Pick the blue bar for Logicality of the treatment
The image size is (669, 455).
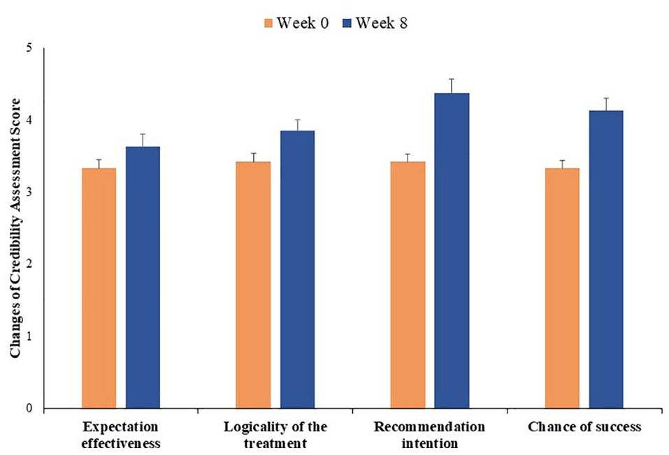pos(297,269)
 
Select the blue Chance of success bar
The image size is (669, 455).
pos(606,259)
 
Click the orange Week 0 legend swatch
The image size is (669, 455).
pos(268,23)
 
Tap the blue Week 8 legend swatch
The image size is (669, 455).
pos(346,23)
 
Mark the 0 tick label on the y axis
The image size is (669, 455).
pos(28,408)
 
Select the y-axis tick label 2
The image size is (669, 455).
pos(28,264)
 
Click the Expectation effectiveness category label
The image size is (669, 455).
pos(120,434)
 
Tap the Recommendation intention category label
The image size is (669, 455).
pos(429,434)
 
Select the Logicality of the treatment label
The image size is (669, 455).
pos(275,434)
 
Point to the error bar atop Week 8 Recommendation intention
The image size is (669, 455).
pos(452,85)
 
